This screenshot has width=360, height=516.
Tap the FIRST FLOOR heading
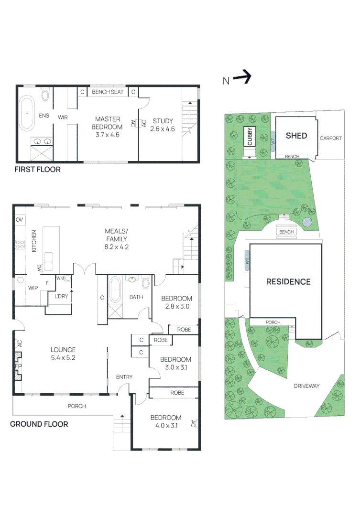coord(37,170)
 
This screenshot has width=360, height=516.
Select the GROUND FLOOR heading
coord(39,424)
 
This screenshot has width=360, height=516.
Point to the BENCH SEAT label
coord(108,92)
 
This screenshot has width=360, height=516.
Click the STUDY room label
coord(163,121)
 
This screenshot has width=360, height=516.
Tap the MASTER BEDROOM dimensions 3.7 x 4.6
coord(108,135)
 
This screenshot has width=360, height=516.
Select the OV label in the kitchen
coord(20,220)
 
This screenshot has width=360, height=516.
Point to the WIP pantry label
coord(33,288)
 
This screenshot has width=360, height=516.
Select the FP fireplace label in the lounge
coord(18,366)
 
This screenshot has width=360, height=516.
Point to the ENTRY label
coord(124,377)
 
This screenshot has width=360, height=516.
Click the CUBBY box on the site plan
coord(250,136)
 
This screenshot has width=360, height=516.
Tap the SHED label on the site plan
coord(296,136)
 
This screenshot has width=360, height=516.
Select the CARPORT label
coord(330,138)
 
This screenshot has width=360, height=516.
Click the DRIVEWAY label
coord(306,386)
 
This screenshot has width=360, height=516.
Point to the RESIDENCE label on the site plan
coord(288,281)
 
